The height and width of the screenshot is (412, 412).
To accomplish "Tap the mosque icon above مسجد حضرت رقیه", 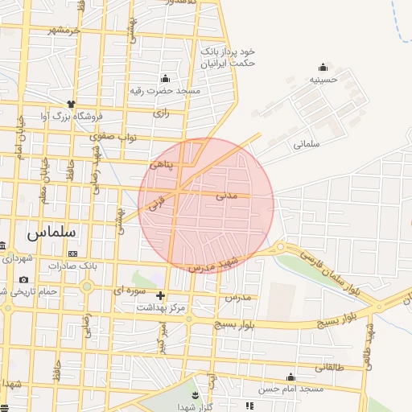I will [x=166, y=78].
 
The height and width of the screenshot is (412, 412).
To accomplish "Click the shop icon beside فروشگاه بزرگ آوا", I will [x=71, y=104].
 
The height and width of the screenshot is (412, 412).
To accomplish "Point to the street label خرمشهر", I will [x=64, y=31].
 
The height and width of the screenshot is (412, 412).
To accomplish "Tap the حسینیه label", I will [x=323, y=80].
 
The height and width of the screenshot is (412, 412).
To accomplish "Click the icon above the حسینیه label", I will [x=323, y=66].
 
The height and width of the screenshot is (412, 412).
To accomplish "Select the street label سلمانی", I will [x=307, y=145].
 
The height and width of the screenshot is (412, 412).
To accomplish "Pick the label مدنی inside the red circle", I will [x=227, y=196].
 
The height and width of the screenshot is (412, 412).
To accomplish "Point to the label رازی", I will [x=162, y=115].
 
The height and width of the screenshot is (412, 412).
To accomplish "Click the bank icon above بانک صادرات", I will [x=73, y=253].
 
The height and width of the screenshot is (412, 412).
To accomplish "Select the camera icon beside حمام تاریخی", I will [x=23, y=279].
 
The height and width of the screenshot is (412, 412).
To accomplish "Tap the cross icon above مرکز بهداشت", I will [x=160, y=295].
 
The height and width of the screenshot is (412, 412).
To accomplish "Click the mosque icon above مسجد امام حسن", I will [x=290, y=377].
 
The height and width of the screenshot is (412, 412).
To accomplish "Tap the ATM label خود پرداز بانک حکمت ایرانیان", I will [x=229, y=56].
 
